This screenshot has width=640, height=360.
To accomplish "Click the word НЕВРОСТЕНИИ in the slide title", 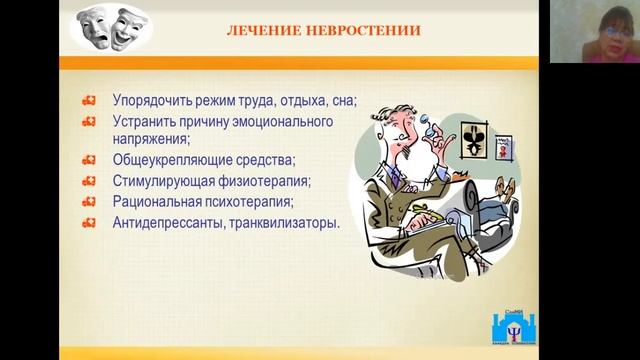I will (x=370, y=30).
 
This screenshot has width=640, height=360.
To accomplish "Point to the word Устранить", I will (x=147, y=121).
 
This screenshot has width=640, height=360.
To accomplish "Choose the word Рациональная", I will (x=158, y=201).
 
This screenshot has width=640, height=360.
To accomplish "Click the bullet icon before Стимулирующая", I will (x=89, y=181).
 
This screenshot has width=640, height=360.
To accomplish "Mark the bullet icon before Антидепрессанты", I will (x=89, y=222).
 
